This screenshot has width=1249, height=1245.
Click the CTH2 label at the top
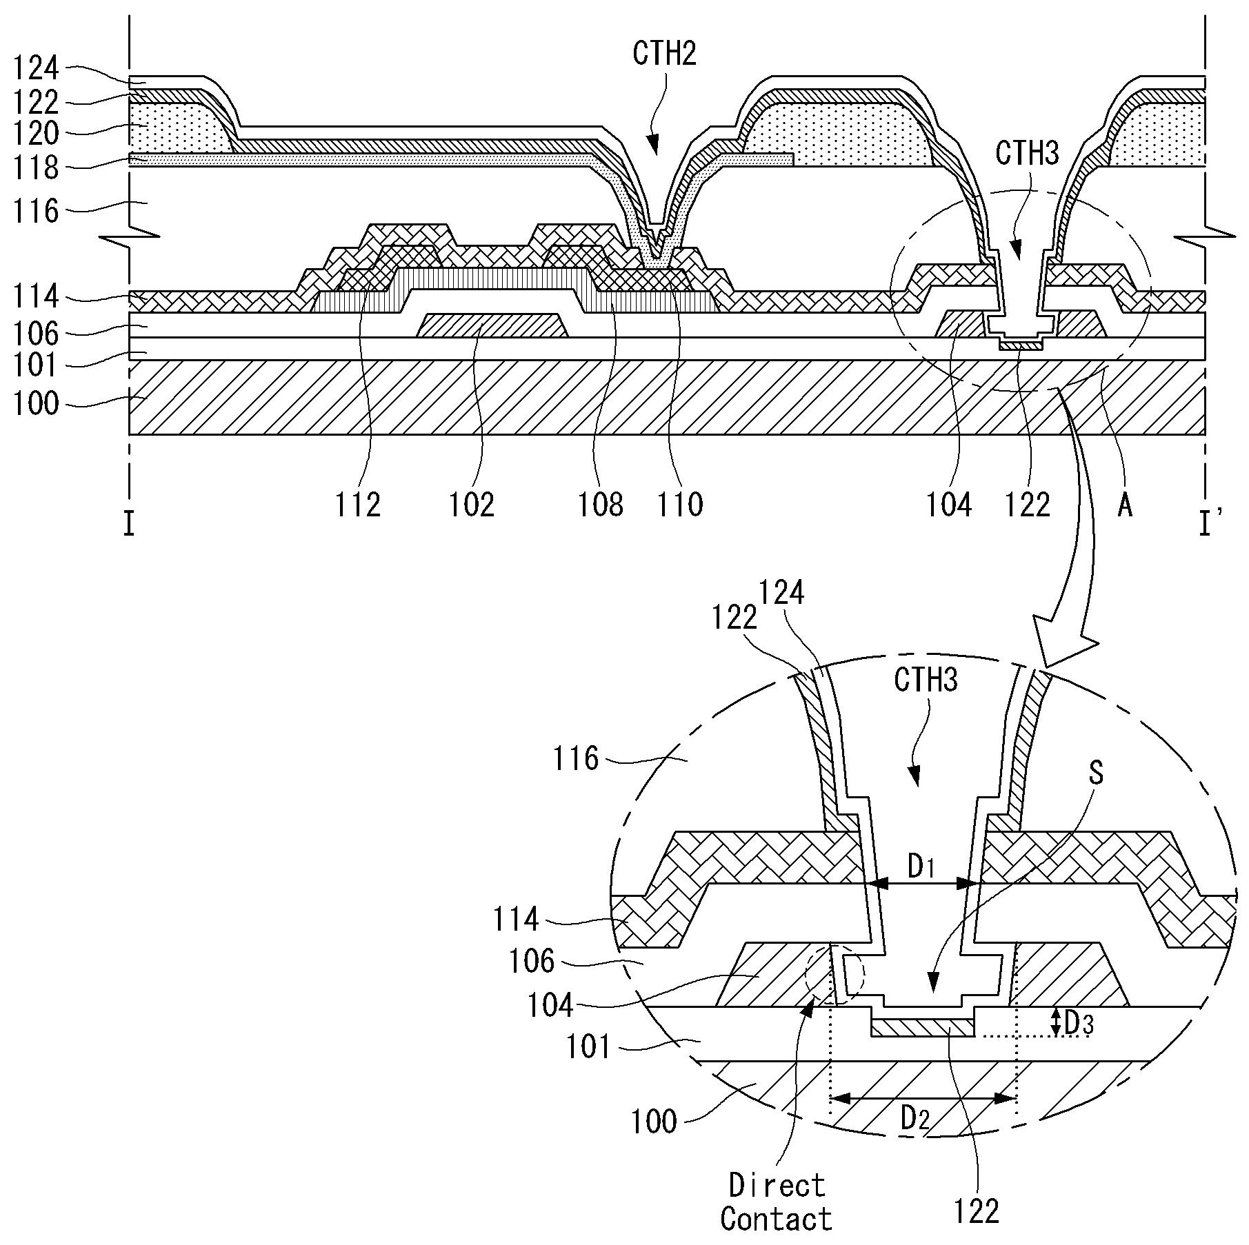[665, 53]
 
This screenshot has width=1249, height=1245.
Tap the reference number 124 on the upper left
[37, 69]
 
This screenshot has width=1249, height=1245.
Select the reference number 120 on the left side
[37, 133]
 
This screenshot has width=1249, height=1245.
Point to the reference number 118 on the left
[37, 168]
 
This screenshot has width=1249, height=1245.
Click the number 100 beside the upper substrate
[37, 403]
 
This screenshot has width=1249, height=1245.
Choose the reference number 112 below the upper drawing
[358, 505]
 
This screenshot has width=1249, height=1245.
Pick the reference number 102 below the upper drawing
[472, 505]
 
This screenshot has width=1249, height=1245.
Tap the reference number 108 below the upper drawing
[601, 505]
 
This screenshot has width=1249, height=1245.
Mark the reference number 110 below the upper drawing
[681, 505]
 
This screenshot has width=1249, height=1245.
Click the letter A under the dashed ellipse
[1125, 506]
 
